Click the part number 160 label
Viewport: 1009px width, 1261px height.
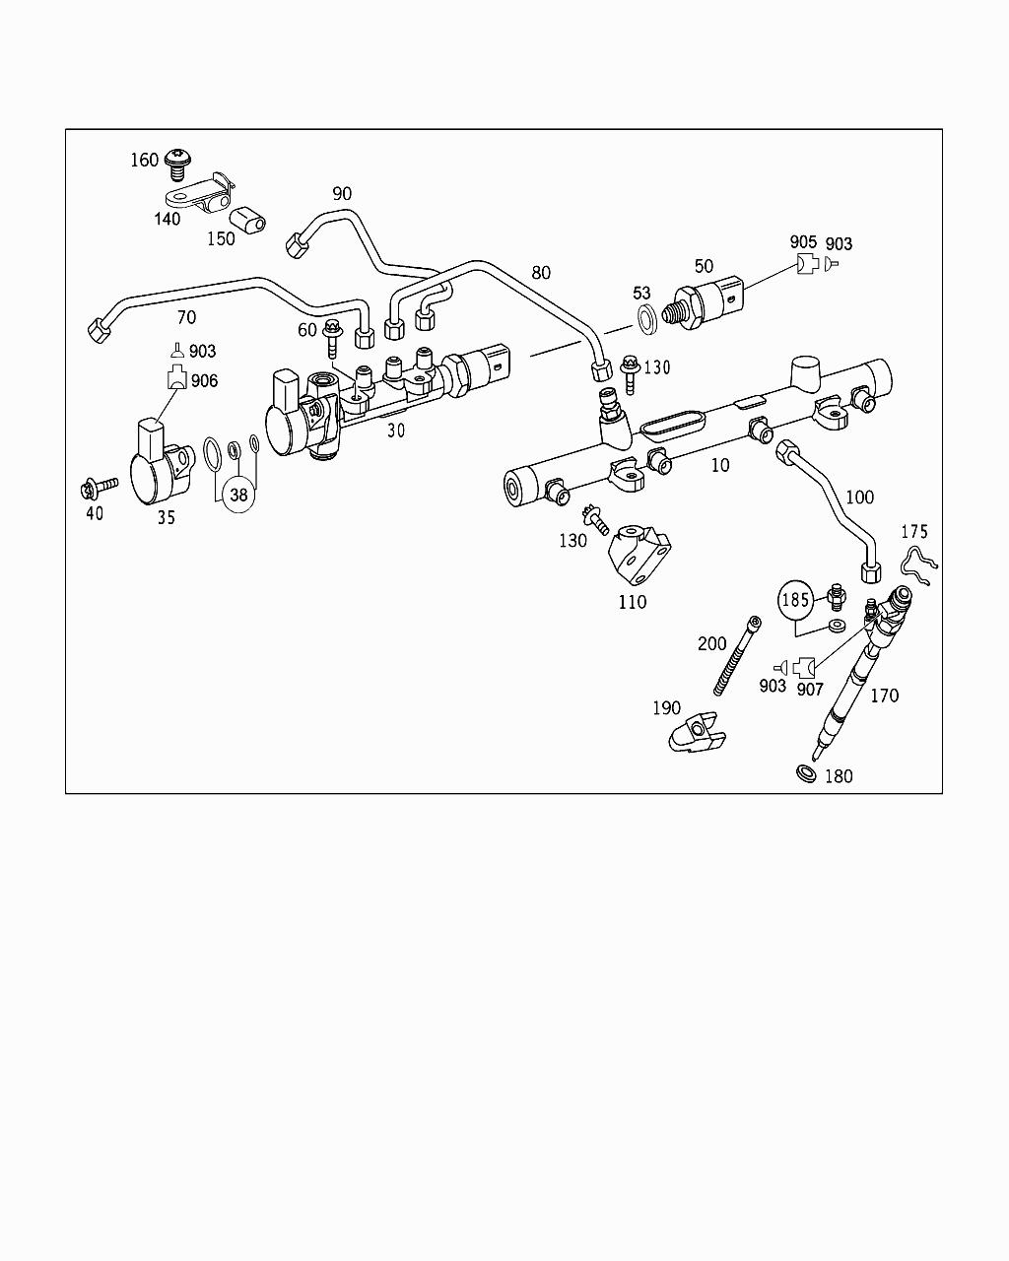[144, 160]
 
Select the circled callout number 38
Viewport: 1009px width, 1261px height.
[238, 496]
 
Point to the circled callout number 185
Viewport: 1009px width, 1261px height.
[795, 599]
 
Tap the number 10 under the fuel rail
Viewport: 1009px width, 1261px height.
[720, 464]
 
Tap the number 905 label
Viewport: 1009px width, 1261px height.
[803, 242]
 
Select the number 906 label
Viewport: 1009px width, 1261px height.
[204, 380]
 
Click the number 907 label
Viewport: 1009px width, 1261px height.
[810, 689]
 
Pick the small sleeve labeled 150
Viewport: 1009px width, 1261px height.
[247, 221]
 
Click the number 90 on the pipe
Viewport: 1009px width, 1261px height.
[341, 194]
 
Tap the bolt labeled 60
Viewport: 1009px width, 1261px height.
[332, 334]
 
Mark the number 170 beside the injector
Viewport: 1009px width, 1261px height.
[884, 696]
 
